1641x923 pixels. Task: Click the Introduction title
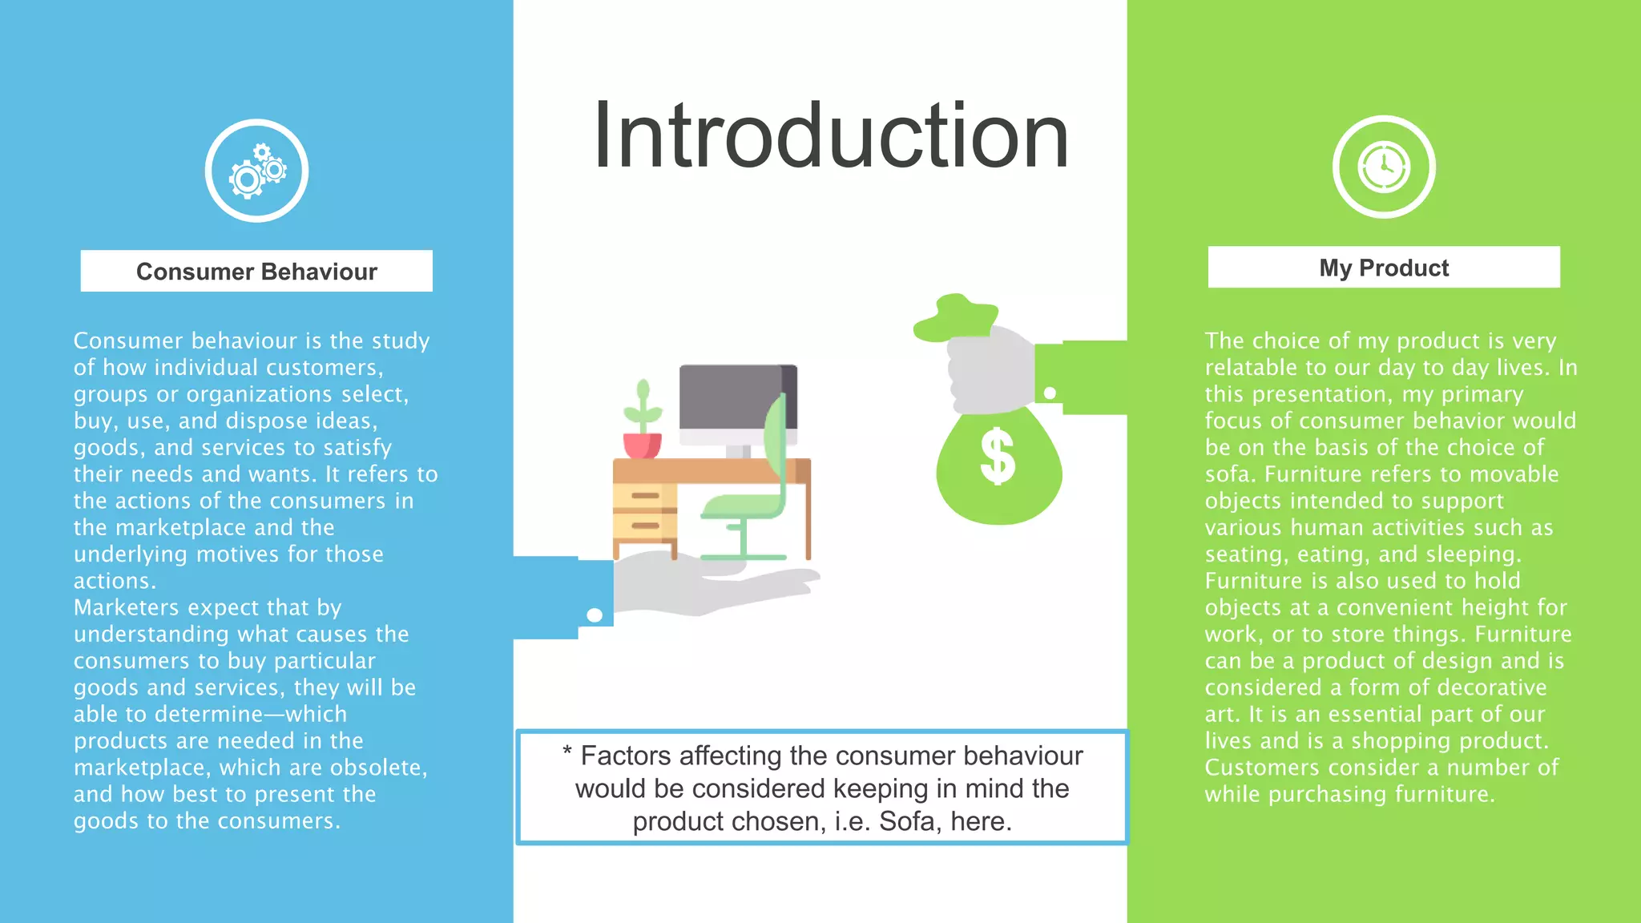[x=831, y=136]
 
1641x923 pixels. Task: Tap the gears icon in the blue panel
[x=256, y=171]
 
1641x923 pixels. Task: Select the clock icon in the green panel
[x=1384, y=167]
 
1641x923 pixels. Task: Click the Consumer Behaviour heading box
[x=256, y=272]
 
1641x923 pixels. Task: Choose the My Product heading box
[x=1384, y=268]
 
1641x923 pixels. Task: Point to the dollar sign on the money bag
[x=998, y=457]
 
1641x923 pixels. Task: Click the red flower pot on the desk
[x=642, y=445]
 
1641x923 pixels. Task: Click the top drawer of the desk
[x=644, y=496]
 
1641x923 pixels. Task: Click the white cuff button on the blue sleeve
[x=595, y=615]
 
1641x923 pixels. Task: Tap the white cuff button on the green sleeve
[x=1050, y=393]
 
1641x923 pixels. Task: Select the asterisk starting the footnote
[x=567, y=752]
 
